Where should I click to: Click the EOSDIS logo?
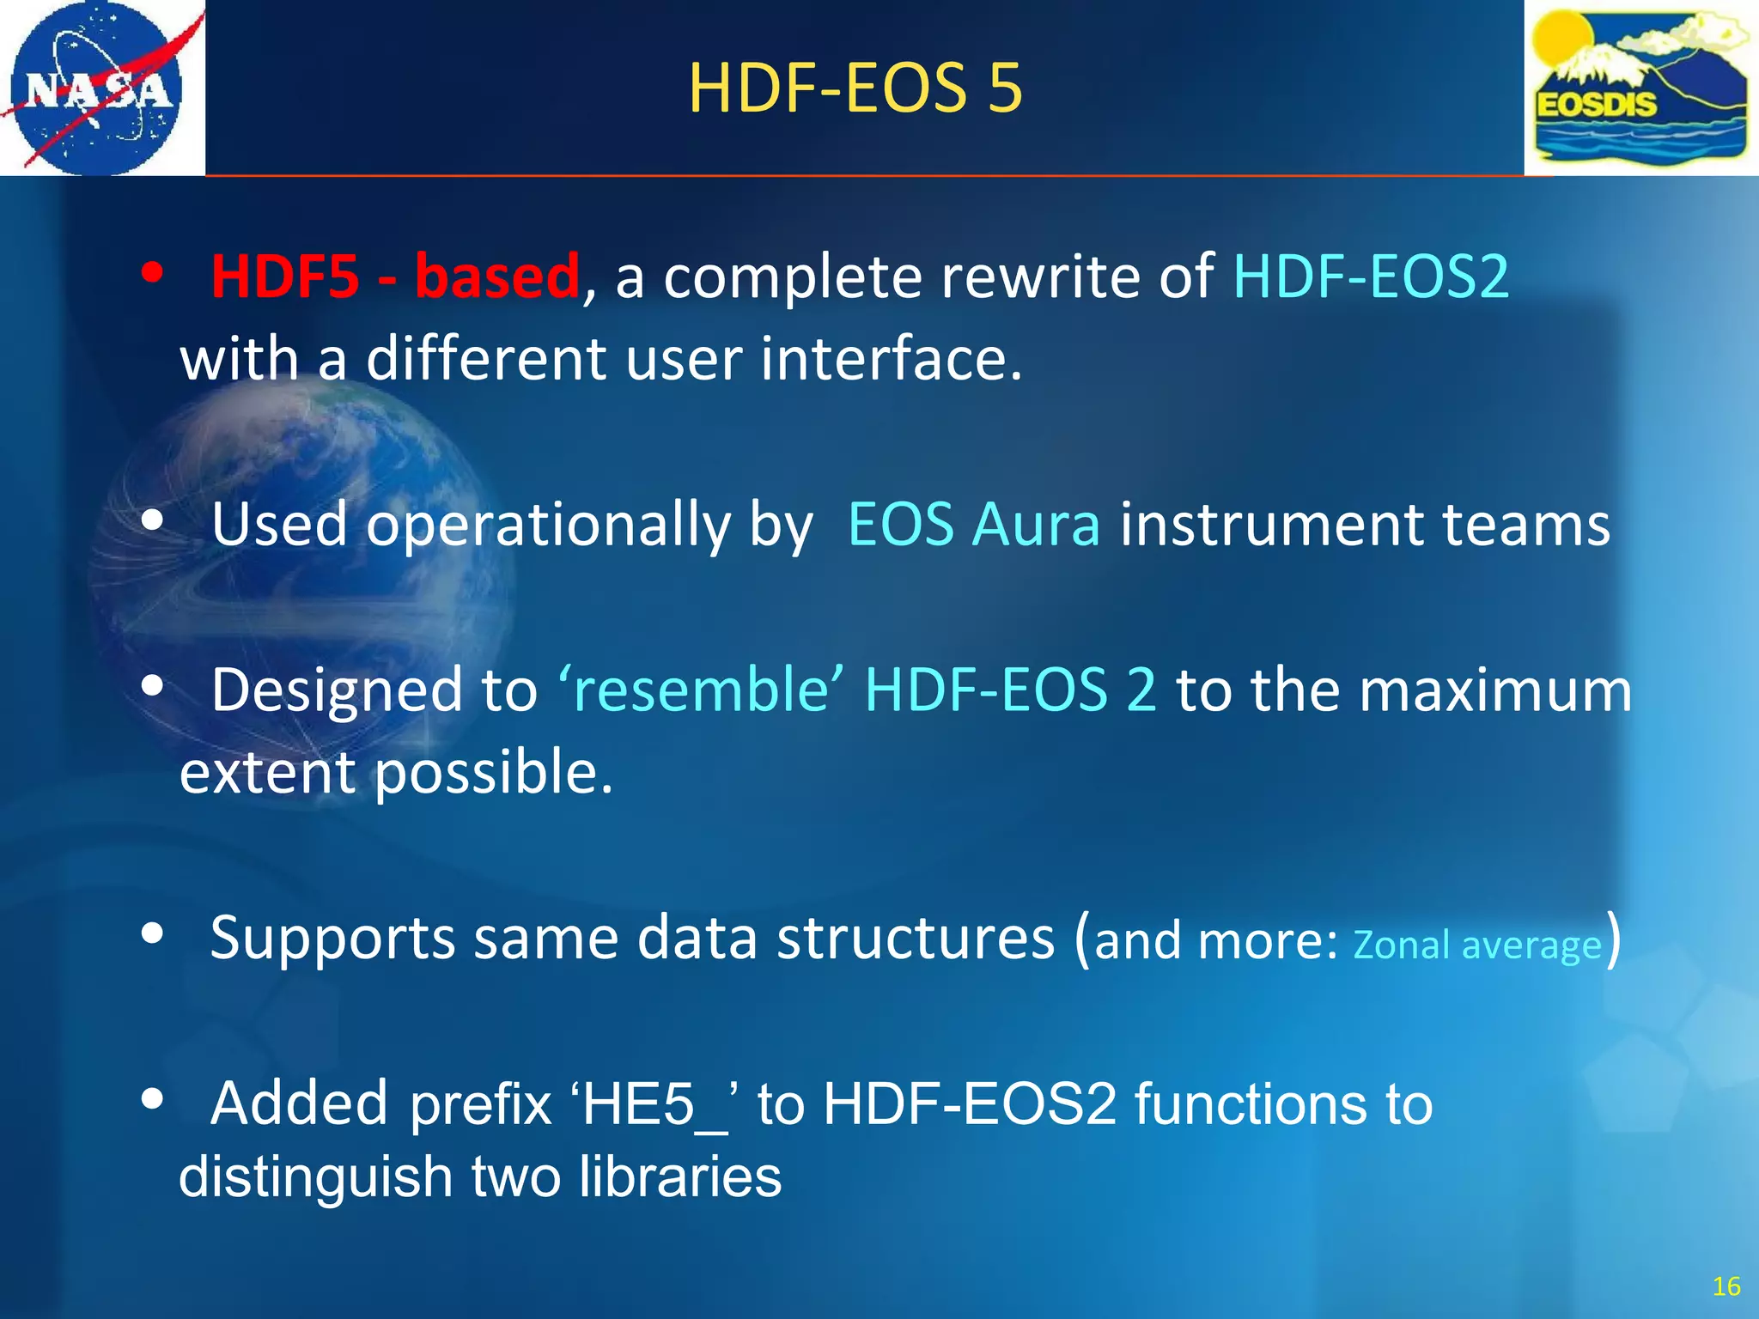1641,88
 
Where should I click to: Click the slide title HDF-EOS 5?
855,88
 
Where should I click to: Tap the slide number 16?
1726,1286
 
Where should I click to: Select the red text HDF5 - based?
396,277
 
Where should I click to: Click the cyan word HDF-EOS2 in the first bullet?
1371,277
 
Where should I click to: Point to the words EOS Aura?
973,524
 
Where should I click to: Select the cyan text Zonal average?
1477,945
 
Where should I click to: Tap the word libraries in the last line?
679,1176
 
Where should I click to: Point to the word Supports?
332,939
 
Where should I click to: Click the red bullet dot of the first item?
153,274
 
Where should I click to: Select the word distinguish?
315,1176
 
